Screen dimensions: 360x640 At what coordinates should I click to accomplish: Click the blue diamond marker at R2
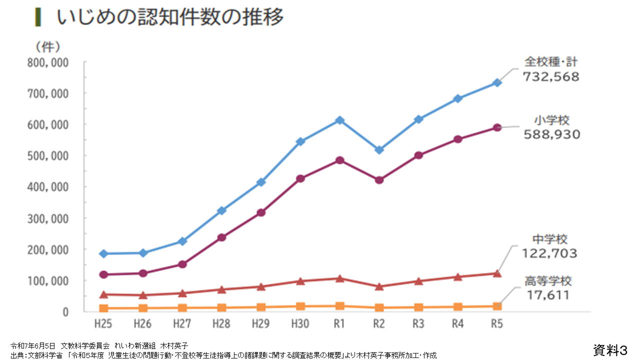click(x=379, y=149)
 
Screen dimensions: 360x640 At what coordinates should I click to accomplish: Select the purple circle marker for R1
click(x=339, y=160)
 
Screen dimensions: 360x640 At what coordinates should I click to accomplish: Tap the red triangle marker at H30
click(x=300, y=281)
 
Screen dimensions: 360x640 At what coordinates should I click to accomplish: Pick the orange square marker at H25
click(x=103, y=308)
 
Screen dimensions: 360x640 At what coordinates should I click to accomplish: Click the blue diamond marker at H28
click(x=221, y=210)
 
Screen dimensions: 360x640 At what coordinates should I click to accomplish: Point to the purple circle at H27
click(x=182, y=264)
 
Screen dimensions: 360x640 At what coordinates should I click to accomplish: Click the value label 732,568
click(x=551, y=77)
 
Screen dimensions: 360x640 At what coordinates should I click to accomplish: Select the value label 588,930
click(x=551, y=134)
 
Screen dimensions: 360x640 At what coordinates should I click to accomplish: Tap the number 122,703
click(x=549, y=253)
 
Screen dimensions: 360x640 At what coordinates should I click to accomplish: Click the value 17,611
click(x=548, y=295)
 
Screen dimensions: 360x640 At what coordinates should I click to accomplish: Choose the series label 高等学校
click(x=548, y=281)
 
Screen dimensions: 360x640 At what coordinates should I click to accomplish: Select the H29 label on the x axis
click(x=260, y=324)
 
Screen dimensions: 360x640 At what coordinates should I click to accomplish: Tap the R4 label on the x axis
click(x=457, y=324)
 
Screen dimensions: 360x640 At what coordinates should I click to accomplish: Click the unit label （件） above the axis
click(x=47, y=47)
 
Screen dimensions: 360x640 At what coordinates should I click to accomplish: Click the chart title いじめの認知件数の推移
click(x=170, y=17)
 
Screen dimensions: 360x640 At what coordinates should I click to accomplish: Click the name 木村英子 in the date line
click(x=173, y=345)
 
